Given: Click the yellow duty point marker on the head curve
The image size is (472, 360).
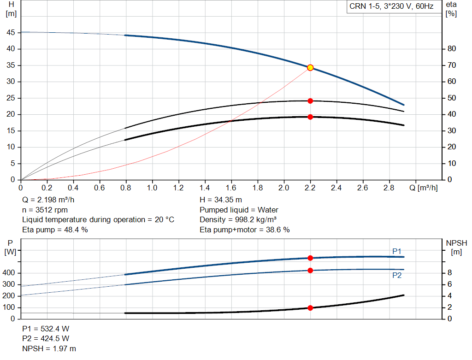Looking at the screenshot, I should [x=310, y=67].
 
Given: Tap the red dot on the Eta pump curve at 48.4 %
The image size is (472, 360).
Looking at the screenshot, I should [x=310, y=100].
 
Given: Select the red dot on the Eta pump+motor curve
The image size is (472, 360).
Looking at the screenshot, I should [x=310, y=117].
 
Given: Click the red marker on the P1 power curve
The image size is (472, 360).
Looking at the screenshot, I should [x=310, y=258].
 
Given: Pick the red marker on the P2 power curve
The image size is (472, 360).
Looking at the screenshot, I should [x=310, y=270].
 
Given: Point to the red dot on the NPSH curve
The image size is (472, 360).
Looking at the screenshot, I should [x=310, y=307].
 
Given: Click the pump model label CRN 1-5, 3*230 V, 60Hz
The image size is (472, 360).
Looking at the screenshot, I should [x=392, y=7].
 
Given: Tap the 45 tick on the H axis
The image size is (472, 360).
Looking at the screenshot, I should [x=11, y=33].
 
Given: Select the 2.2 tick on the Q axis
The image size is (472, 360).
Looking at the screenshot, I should [x=310, y=188].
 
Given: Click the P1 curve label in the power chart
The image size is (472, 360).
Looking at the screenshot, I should [x=397, y=251].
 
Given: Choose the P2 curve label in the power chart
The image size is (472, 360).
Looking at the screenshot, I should [x=397, y=275].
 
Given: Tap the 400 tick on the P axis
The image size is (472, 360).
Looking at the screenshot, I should [x=9, y=273].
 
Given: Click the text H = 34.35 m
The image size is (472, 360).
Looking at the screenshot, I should [x=220, y=200].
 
